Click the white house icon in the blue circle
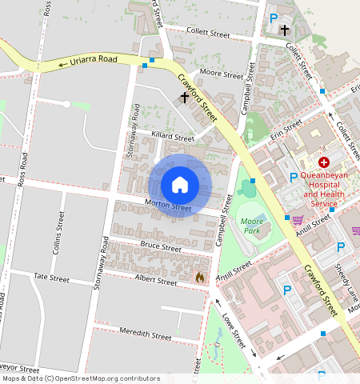click(x=180, y=185)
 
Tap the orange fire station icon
click(x=199, y=278)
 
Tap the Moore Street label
click(x=222, y=75)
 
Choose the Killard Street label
click(x=172, y=138)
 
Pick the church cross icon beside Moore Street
click(x=185, y=98)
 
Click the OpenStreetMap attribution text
click(x=80, y=378)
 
